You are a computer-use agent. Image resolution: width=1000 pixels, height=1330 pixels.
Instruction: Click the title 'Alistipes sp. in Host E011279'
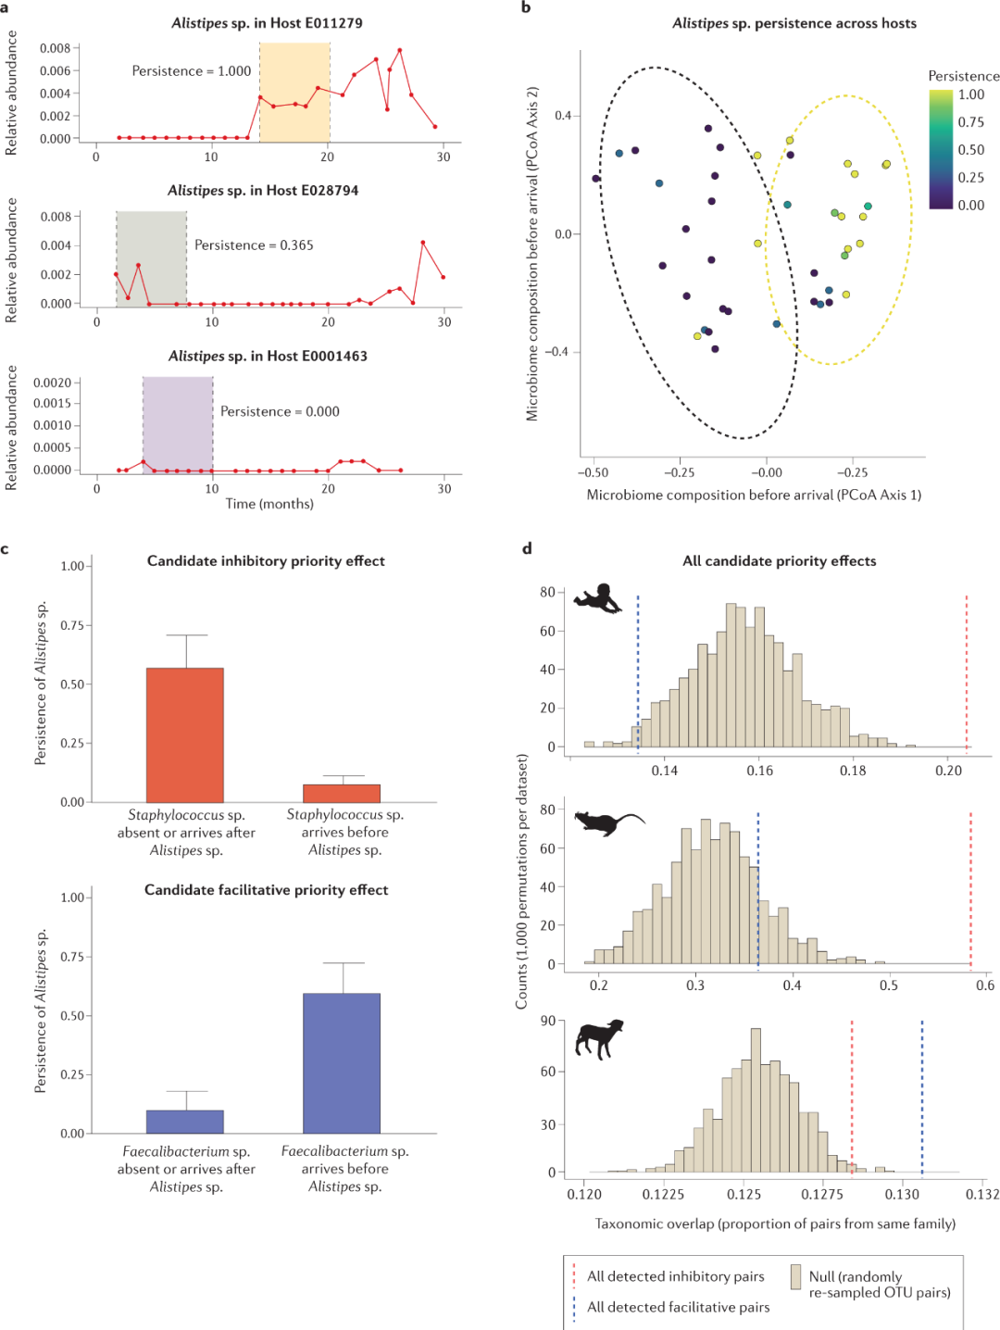coord(267,23)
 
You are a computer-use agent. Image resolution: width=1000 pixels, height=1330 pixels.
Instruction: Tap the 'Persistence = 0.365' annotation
coord(254,245)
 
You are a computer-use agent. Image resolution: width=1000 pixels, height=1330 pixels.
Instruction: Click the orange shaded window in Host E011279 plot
coord(294,91)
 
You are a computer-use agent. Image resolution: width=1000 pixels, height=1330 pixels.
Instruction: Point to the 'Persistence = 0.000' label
coord(280,411)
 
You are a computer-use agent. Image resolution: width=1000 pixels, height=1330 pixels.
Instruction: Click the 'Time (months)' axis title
coord(269,504)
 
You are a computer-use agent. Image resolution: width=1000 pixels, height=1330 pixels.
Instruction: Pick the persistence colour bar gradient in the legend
coord(941,149)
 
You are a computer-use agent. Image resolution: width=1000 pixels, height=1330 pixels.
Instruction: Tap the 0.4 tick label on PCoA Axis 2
coord(563,116)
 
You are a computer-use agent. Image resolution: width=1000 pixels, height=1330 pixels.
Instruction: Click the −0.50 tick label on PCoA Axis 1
coord(593,472)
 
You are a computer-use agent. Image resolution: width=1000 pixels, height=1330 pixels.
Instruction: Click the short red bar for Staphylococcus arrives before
coord(342,793)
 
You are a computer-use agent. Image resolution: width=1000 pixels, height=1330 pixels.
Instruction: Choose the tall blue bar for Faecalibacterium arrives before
coord(342,1063)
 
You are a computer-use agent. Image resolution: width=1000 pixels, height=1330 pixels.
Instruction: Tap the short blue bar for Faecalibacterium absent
coord(185,1122)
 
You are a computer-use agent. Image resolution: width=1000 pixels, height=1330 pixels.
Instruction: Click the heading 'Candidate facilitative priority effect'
coord(266,890)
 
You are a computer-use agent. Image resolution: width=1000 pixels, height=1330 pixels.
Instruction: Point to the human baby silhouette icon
coord(598,598)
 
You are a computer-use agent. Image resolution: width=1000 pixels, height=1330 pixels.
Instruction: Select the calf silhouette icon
coord(599,1038)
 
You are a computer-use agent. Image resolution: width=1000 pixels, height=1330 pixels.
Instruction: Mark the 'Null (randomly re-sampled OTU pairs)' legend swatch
coord(795,1277)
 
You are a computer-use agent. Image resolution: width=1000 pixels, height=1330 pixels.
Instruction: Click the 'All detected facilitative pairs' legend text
coord(678,1307)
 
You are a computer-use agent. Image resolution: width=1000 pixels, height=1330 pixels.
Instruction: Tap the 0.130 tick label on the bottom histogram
coord(902,1195)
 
